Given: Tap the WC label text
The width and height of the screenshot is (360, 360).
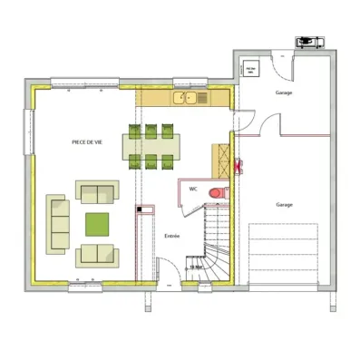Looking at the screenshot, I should pyautogui.click(x=193, y=190).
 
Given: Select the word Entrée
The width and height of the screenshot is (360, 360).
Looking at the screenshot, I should pyautogui.click(x=171, y=236).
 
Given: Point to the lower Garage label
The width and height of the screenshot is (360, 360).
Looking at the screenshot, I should pyautogui.click(x=285, y=205).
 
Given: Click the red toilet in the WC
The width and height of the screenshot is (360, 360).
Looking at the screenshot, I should pyautogui.click(x=217, y=192).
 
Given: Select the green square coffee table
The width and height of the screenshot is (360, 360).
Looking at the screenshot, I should pyautogui.click(x=97, y=222).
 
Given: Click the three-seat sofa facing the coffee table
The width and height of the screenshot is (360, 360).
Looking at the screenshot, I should pyautogui.click(x=59, y=222).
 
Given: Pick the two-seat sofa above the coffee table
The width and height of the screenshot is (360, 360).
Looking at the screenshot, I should pyautogui.click(x=97, y=191).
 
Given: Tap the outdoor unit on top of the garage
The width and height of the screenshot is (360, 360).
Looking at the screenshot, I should pyautogui.click(x=308, y=42).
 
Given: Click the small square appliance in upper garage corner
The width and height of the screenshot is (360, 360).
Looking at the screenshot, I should pyautogui.click(x=248, y=69).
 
